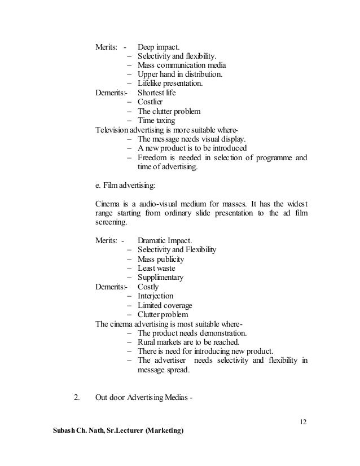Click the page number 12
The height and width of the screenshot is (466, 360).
click(304, 423)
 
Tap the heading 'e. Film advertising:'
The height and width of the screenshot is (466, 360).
click(130, 185)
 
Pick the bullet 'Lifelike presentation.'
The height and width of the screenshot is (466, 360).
click(169, 83)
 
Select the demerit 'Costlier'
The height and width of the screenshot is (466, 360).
click(150, 102)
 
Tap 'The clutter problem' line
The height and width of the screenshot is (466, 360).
click(169, 111)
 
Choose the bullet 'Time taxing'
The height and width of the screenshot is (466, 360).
click(156, 121)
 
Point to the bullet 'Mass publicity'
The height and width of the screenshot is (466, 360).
click(161, 259)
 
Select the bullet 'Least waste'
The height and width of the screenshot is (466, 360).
click(157, 268)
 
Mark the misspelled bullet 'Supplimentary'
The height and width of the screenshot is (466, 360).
click(161, 278)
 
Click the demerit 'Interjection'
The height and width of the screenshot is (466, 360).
click(155, 296)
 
